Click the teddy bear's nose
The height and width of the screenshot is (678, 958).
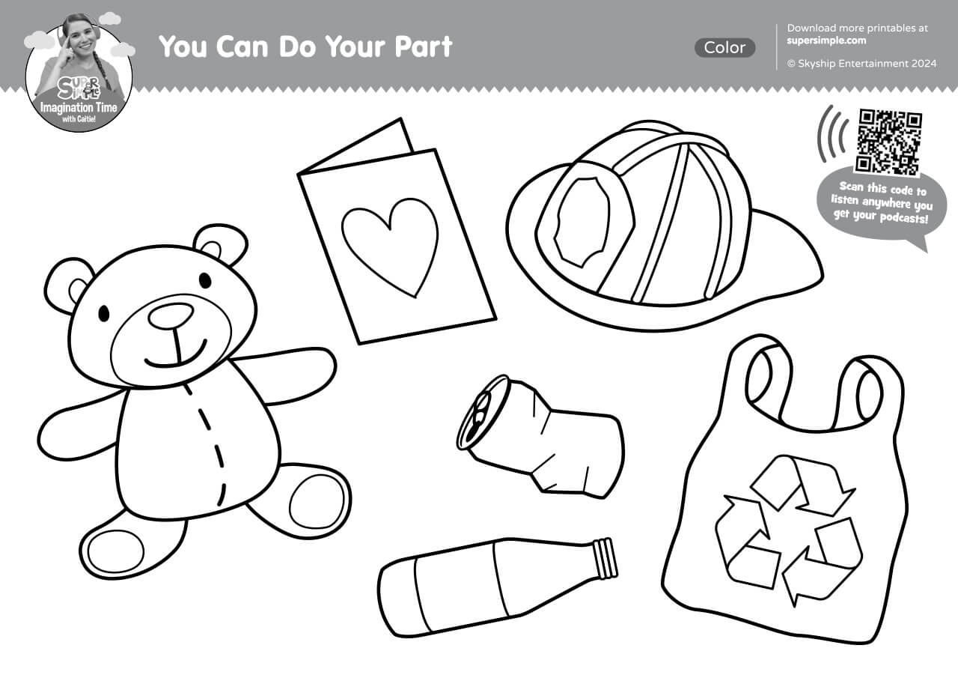171,316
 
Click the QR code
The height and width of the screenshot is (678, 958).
888,142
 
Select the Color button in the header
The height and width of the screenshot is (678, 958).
724,47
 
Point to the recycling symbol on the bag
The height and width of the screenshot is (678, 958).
788,530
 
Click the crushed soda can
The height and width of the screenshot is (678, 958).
540,437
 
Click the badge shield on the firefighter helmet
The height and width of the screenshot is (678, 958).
582,222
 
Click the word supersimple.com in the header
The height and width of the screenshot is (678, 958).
826,40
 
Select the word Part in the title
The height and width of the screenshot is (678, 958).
424,46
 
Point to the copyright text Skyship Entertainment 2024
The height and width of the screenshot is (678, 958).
862,64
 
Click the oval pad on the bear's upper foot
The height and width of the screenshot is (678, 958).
317,503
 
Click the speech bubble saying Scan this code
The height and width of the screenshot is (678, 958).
881,205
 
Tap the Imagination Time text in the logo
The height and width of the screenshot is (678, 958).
79,108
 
